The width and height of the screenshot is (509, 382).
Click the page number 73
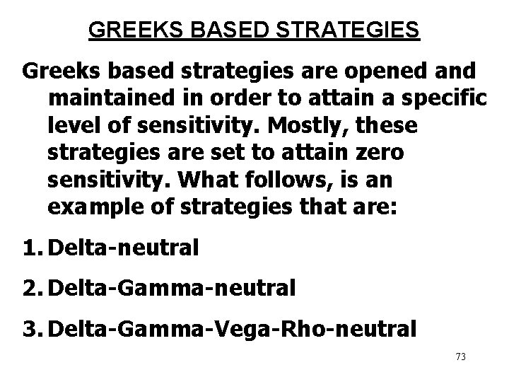pyautogui.click(x=461, y=357)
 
